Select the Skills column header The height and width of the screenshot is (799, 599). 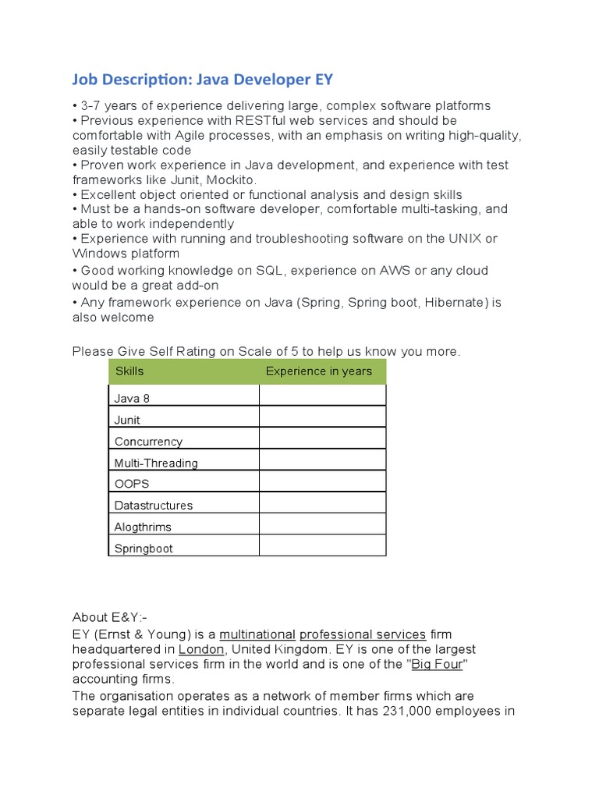[129, 371]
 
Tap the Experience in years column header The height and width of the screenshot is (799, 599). [318, 371]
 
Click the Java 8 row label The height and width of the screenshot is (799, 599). [132, 399]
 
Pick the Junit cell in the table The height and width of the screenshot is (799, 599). [127, 420]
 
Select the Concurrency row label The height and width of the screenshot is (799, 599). [148, 442]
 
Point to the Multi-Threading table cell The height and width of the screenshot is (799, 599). [156, 463]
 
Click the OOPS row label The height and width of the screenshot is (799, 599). [132, 484]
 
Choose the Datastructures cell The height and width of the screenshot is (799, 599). [154, 506]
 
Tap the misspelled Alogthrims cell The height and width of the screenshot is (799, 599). [143, 527]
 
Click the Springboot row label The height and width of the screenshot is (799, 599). [144, 549]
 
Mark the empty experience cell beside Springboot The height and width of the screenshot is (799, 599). [322, 545]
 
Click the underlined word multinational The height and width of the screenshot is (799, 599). [257, 634]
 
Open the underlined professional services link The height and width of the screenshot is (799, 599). [363, 634]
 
